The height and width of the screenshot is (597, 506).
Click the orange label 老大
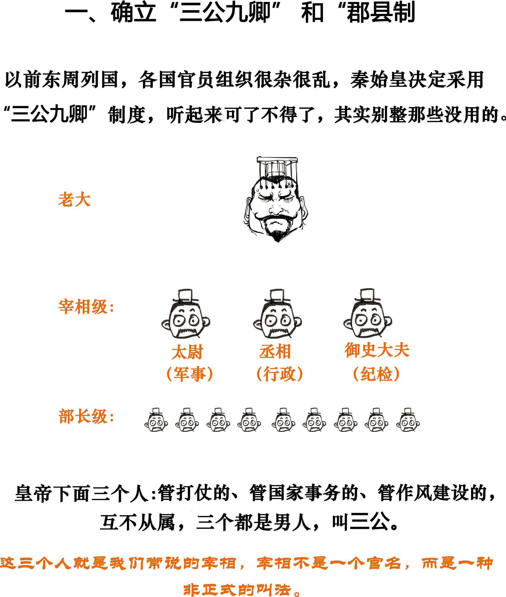[x=74, y=200]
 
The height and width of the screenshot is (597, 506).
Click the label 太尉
[x=187, y=352]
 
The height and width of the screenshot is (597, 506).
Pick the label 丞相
[x=275, y=352]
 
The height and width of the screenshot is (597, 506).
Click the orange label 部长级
[x=83, y=417]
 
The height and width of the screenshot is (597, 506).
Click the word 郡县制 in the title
[x=381, y=13]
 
